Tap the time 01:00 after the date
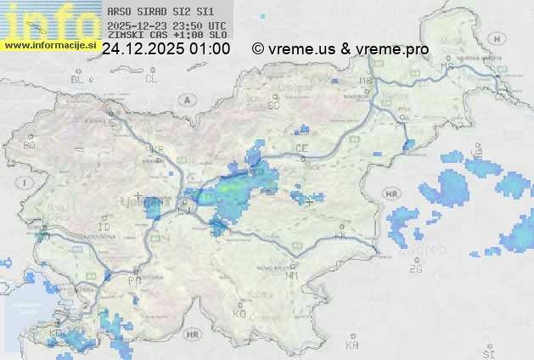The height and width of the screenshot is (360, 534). click(x=210, y=49)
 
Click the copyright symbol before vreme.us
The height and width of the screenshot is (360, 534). click(x=258, y=49)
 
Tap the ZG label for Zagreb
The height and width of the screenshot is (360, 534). click(x=415, y=269)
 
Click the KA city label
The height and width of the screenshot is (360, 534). click(x=352, y=346)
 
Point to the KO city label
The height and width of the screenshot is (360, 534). click(x=239, y=313)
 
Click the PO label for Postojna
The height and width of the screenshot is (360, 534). click(x=133, y=279)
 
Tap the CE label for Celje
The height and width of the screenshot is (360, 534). click(x=301, y=148)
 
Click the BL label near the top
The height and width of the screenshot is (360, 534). click(x=78, y=79)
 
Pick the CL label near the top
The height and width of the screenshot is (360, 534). click(x=151, y=79)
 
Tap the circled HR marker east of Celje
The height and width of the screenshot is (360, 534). click(x=391, y=194)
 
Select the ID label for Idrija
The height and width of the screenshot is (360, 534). click(x=104, y=228)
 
